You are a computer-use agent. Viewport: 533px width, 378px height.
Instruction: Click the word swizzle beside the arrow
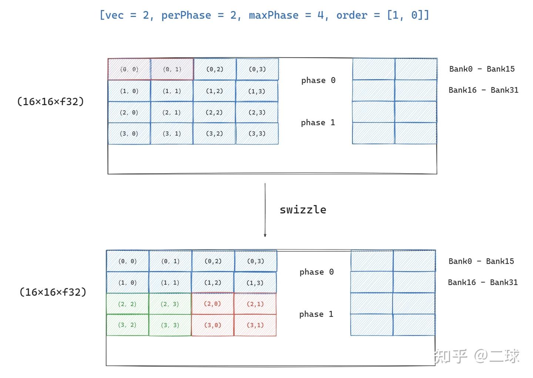pos(303,210)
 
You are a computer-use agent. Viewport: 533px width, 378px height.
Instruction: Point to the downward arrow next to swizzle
pos(265,210)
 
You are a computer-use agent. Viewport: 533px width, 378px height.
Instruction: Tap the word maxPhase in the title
pos(274,15)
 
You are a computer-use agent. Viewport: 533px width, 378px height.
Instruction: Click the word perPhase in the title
pos(186,15)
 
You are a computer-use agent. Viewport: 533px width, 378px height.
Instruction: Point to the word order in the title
pos(352,15)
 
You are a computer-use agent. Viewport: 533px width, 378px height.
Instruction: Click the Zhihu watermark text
pos(477,356)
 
